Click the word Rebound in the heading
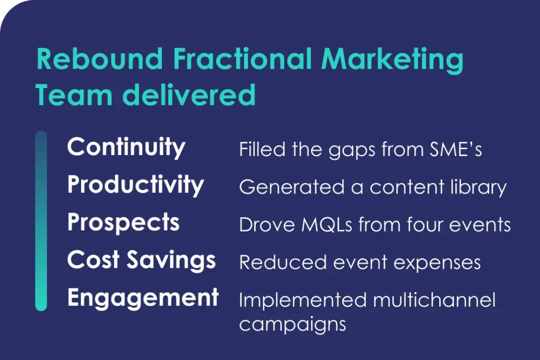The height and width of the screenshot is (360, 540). pyautogui.click(x=99, y=59)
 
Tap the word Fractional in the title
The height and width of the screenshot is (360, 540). pyautogui.click(x=243, y=59)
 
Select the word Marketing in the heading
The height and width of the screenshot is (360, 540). pyautogui.click(x=392, y=61)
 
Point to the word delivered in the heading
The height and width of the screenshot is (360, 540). pyautogui.click(x=189, y=94)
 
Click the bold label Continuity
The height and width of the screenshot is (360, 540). pyautogui.click(x=127, y=147)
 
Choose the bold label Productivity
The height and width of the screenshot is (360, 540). pyautogui.click(x=136, y=185)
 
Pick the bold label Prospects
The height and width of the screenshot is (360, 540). pyautogui.click(x=123, y=223)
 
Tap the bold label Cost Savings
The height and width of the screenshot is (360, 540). pyautogui.click(x=141, y=260)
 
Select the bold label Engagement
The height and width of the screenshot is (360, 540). pyautogui.click(x=143, y=298)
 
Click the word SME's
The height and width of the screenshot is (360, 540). pyautogui.click(x=456, y=150)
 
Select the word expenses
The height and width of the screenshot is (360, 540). pyautogui.click(x=437, y=264)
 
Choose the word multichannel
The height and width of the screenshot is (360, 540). pyautogui.click(x=435, y=300)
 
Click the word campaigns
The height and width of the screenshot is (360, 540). pyautogui.click(x=293, y=325)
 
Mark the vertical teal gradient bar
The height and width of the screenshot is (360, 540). pyautogui.click(x=41, y=221)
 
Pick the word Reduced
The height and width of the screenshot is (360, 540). pyautogui.click(x=283, y=262)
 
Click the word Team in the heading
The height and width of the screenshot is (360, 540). pyautogui.click(x=74, y=94)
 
